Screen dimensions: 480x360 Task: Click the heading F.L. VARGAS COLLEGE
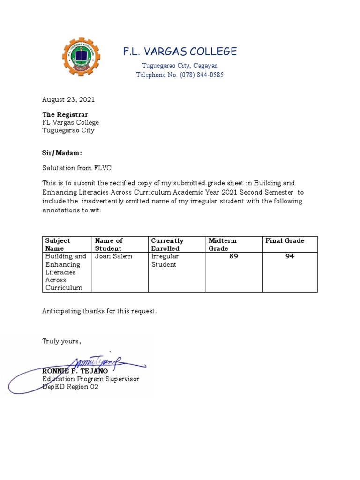[x=180, y=51]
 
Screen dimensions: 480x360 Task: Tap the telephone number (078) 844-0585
[x=201, y=75]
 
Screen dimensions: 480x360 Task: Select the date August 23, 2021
[x=68, y=99]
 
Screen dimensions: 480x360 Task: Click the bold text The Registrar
[x=65, y=114]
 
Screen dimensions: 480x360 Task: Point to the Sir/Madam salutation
[x=62, y=153]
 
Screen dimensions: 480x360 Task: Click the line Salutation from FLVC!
[x=77, y=168]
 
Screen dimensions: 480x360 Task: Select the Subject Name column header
[x=58, y=244]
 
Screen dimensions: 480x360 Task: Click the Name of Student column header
[x=109, y=244]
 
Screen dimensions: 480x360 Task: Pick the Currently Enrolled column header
[x=167, y=244]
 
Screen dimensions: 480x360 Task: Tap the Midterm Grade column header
[x=223, y=244]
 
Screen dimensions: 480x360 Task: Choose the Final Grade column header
[x=285, y=241]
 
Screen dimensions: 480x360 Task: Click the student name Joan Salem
[x=113, y=256]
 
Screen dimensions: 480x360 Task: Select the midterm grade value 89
[x=234, y=256]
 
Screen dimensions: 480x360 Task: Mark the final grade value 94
[x=290, y=256]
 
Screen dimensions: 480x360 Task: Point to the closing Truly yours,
[x=62, y=341]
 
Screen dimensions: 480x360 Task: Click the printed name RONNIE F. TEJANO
[x=75, y=371]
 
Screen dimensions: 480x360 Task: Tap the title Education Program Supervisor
[x=90, y=379]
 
